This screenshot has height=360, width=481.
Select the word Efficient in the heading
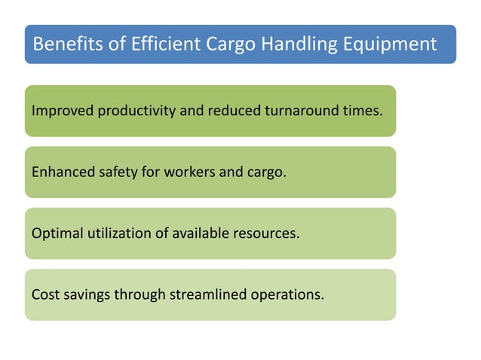(x=159, y=44)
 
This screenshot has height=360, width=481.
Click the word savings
(x=87, y=294)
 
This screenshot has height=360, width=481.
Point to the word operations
(x=287, y=294)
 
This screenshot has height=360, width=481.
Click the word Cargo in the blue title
(x=225, y=44)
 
